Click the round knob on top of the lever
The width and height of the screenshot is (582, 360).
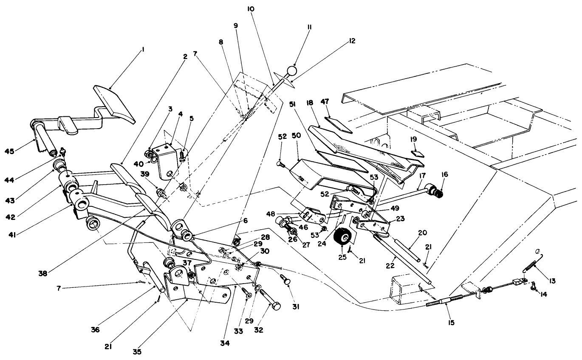291,70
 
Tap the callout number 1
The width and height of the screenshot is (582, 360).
143,49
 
